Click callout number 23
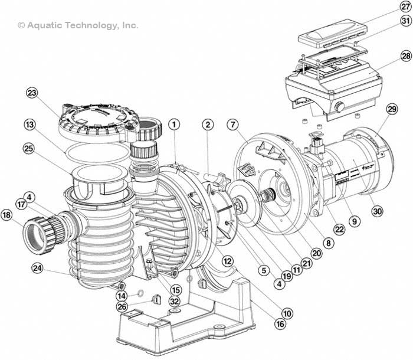click(32, 93)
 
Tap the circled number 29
click(392, 110)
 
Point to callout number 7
click(234, 125)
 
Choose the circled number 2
click(207, 125)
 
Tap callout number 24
click(38, 269)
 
